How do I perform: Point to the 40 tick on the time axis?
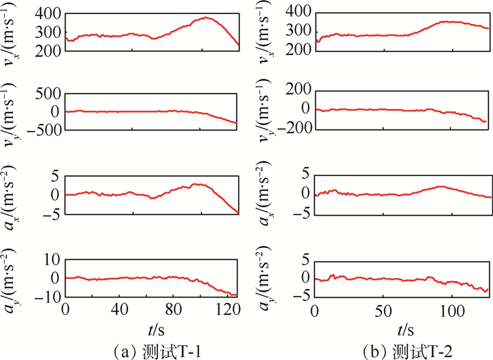pyautogui.click(x=120, y=311)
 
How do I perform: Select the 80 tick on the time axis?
pyautogui.click(x=174, y=311)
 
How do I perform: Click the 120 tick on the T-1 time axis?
pyautogui.click(x=227, y=311)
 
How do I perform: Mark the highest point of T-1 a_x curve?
pyautogui.click(x=199, y=184)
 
